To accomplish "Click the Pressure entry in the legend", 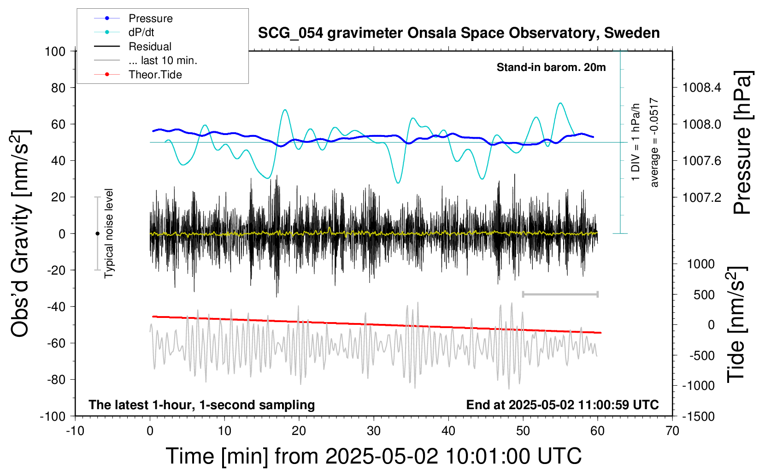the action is (133, 18).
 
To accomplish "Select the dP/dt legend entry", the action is (124, 32).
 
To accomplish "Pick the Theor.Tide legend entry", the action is (138, 75).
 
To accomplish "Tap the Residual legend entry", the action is (133, 46).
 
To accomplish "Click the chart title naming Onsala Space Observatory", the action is (459, 33).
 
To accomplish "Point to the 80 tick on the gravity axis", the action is (58, 88).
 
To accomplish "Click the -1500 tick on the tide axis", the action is (698, 417).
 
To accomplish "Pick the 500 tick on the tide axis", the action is (704, 295).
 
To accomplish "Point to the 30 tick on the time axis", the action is (374, 431).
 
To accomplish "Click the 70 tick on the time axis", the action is (672, 431).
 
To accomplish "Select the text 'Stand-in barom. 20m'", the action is (551, 67).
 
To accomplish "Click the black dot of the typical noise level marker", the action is (97, 234).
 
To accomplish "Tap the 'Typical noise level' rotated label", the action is (109, 233).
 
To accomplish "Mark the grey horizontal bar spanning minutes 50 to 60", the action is (560, 294).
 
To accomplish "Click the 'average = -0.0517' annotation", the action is (653, 142).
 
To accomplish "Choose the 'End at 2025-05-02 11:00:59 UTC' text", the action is (563, 405).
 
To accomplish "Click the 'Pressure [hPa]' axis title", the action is (743, 142).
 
